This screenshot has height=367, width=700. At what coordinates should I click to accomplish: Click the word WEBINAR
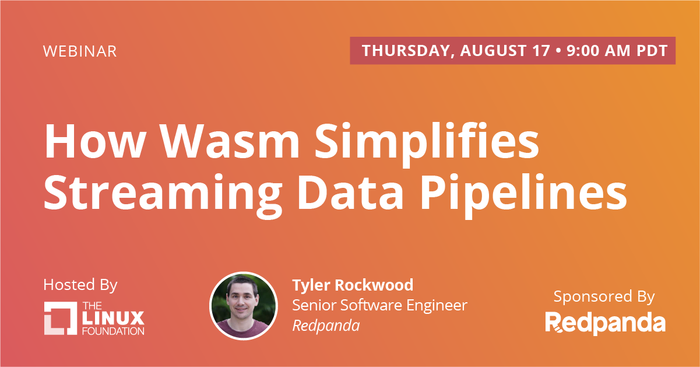point(80,51)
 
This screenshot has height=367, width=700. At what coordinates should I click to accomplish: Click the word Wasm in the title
point(230,141)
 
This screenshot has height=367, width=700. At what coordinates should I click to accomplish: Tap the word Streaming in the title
point(163,195)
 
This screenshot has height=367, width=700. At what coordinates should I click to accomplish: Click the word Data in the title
point(350,192)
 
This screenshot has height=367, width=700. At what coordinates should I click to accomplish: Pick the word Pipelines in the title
point(523,195)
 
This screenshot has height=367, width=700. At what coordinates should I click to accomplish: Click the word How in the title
point(94,141)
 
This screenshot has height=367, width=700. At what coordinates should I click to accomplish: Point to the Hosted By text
point(80,285)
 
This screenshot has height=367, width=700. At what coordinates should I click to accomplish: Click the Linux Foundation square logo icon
point(61,318)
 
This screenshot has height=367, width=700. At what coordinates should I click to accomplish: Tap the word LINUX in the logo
point(113,318)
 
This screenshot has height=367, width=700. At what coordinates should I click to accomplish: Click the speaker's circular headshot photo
point(244,306)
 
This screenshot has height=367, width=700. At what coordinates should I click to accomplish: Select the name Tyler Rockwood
point(353,285)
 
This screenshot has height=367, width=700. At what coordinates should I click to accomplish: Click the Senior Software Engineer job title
point(379,305)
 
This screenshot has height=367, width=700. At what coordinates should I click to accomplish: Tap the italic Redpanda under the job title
point(326,326)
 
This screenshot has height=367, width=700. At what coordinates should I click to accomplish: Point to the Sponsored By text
point(604,296)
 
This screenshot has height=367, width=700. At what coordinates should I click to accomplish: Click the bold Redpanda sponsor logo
point(606,323)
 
